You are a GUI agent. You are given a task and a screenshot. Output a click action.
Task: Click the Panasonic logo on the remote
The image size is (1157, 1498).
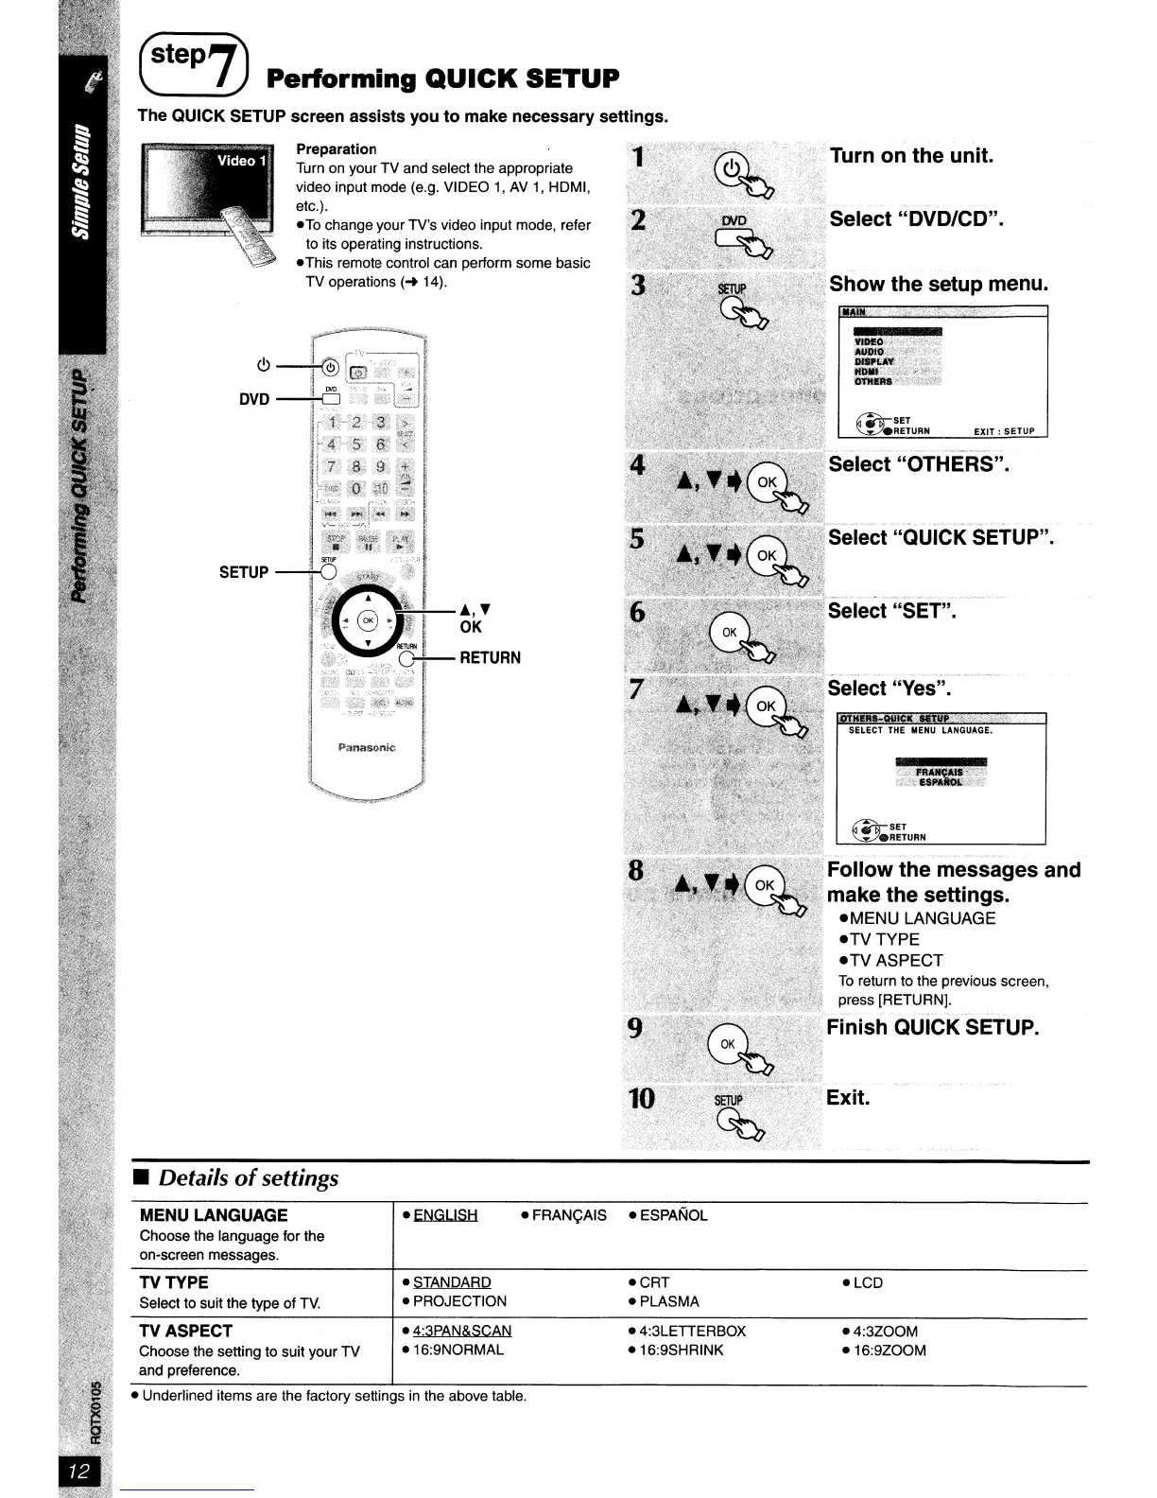click(x=367, y=747)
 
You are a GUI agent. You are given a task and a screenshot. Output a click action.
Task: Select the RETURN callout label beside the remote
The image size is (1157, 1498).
click(x=490, y=658)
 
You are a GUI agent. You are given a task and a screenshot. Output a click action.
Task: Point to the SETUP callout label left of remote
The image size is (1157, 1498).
click(x=244, y=572)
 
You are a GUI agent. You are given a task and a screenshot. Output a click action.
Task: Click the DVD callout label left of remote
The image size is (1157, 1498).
click(x=254, y=399)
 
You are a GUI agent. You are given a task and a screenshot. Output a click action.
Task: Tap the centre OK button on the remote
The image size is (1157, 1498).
click(x=369, y=620)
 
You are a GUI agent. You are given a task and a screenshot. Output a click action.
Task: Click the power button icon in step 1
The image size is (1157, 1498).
click(x=732, y=168)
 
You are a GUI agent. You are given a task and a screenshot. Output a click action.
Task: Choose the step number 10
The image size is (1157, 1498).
click(x=641, y=1098)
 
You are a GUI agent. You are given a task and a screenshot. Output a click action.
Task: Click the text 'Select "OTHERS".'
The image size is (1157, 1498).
click(x=919, y=464)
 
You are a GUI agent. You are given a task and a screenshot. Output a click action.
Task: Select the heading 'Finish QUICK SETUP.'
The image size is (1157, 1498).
click(x=933, y=1028)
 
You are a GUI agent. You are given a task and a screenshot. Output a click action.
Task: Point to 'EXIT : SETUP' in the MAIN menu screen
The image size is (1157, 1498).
click(x=1004, y=431)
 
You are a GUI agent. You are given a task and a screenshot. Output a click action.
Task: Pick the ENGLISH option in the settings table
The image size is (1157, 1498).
click(x=445, y=1215)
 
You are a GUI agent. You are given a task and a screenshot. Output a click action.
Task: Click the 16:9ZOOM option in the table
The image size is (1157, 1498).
click(x=889, y=1350)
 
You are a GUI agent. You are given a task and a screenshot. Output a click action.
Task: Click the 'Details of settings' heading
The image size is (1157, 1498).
click(x=249, y=1178)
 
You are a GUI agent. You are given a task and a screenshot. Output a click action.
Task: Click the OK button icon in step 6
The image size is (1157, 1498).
click(x=730, y=631)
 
